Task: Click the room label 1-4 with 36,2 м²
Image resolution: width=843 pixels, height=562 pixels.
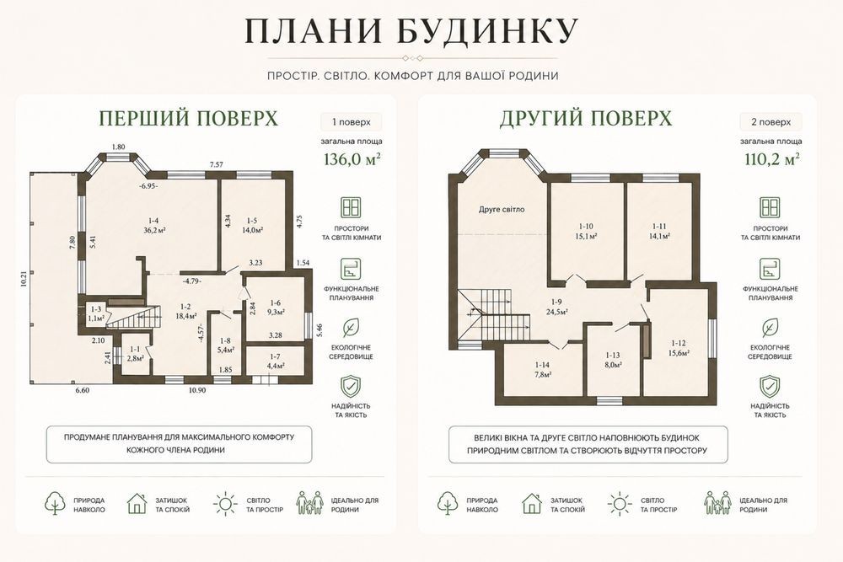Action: (x=153, y=225)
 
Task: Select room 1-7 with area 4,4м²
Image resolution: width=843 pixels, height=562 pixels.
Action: (x=275, y=361)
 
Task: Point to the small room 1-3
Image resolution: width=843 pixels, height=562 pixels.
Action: (x=96, y=313)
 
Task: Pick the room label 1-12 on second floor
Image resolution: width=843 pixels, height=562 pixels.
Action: (x=679, y=348)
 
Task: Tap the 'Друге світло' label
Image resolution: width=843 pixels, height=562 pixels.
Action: (x=502, y=210)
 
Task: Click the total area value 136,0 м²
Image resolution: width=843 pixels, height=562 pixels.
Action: (x=352, y=159)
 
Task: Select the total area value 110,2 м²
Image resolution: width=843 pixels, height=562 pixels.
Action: (x=771, y=159)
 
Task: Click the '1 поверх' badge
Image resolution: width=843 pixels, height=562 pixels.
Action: (x=352, y=122)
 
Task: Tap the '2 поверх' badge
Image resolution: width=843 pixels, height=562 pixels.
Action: (x=771, y=122)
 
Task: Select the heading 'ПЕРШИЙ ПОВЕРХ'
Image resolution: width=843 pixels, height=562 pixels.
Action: (x=189, y=118)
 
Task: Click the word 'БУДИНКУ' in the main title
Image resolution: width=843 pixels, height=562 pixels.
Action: (x=488, y=30)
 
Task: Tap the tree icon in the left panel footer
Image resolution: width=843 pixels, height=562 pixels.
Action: (x=55, y=504)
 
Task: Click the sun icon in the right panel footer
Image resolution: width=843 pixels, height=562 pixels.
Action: (x=620, y=504)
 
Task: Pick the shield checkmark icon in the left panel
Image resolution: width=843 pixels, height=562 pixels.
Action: (x=351, y=386)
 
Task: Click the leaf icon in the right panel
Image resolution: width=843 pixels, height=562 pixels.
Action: (x=770, y=328)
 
